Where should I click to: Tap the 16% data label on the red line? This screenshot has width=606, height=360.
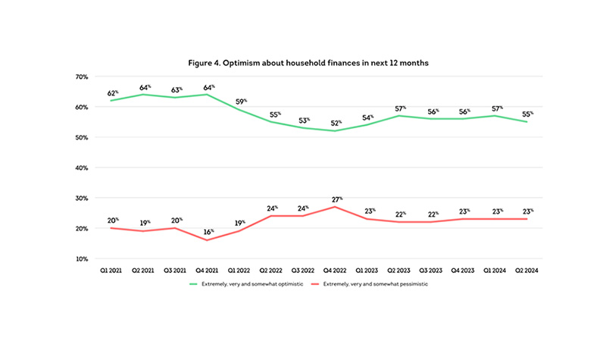[x=208, y=230]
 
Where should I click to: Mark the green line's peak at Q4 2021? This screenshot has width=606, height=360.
[x=207, y=95]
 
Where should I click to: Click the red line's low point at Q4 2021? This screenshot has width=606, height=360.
[x=207, y=240]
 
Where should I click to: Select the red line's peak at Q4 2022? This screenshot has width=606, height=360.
[x=335, y=207]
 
